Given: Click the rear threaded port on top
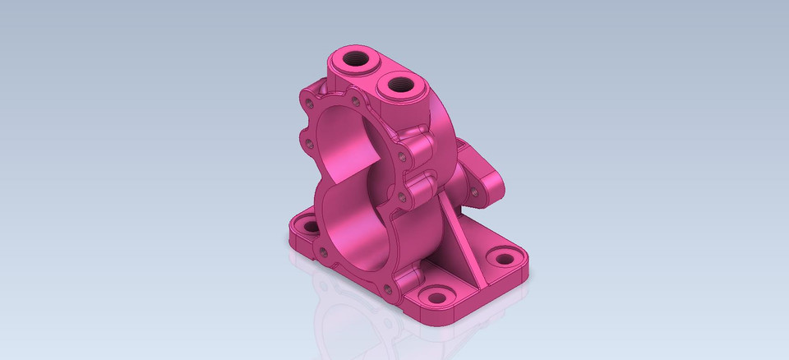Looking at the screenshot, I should [356, 59].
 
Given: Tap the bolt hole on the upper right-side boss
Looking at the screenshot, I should [401, 156].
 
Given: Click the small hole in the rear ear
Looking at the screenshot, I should [474, 191].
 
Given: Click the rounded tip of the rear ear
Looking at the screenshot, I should [498, 186].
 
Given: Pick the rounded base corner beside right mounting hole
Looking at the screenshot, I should [523, 271].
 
